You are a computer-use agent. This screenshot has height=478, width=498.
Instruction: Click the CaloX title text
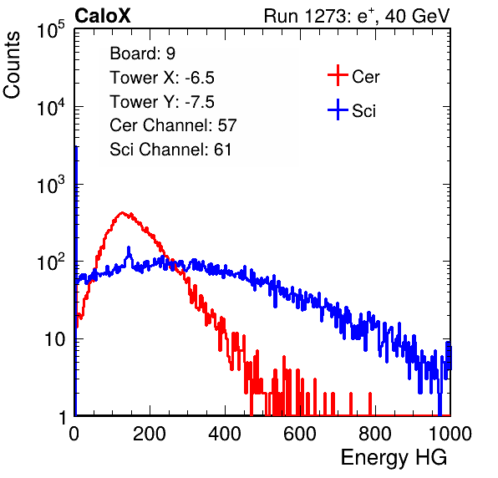pos(103,16)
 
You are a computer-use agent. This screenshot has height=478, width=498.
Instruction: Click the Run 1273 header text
pos(357,16)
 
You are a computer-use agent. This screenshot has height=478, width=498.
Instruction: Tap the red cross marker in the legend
pos(338,75)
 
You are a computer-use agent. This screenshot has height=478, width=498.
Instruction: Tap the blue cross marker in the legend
pos(338,109)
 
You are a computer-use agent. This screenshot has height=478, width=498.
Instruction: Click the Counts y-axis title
pos(12,65)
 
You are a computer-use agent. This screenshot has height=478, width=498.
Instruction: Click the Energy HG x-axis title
pos(394,458)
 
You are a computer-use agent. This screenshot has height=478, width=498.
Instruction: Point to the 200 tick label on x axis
pos(150,434)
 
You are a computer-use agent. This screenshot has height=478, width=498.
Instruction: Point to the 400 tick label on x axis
pos(225,434)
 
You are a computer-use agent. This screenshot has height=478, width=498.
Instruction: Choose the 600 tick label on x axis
pos(300,434)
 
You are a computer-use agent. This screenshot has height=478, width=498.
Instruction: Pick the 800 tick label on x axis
pos(375,434)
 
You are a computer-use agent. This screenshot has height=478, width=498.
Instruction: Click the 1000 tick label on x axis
pos(450,434)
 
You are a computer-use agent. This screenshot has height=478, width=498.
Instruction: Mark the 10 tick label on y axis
pos(54,339)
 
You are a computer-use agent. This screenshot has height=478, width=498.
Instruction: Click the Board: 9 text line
pos(142,53)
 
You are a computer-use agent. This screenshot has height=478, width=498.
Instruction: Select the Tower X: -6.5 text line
pos(162,78)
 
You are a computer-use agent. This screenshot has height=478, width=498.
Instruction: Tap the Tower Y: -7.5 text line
pos(162,102)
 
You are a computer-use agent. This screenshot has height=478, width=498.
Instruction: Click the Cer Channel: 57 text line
pos(173,125)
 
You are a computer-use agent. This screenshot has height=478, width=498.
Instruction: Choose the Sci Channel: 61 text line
pos(170,150)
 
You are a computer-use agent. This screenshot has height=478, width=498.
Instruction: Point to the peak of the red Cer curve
pos(122,212)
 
